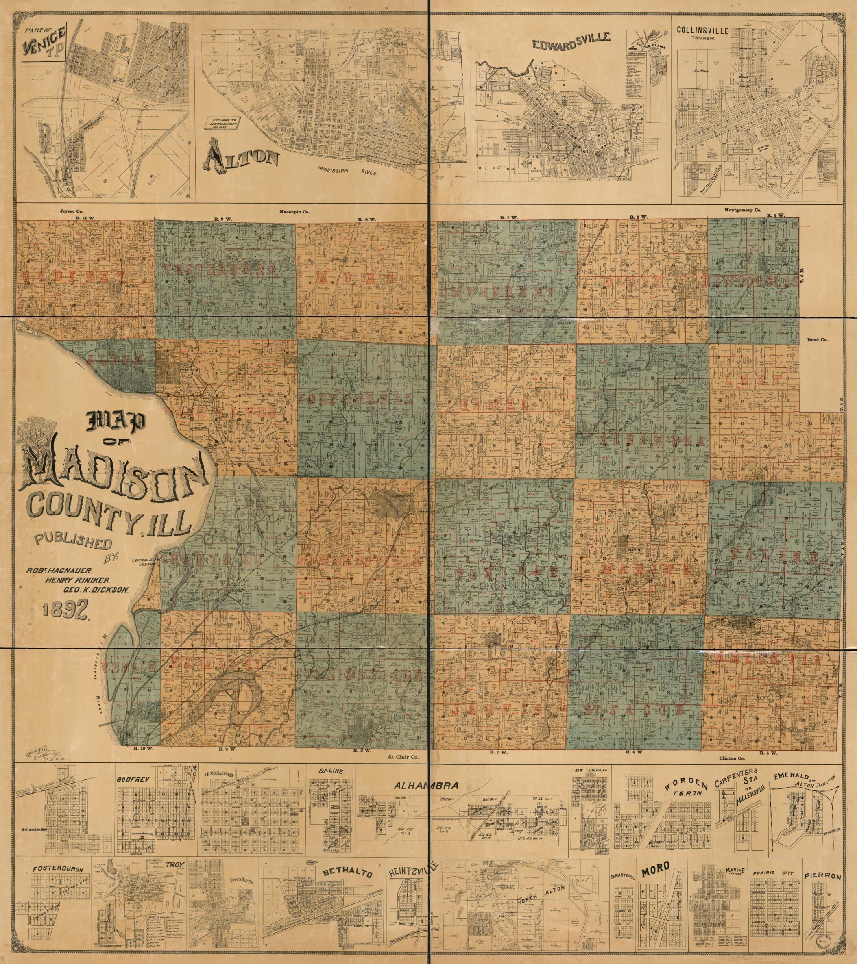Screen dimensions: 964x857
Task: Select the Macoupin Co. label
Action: click(x=295, y=212)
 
